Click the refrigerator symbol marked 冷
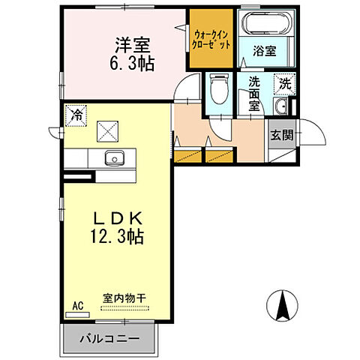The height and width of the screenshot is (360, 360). [x=76, y=115]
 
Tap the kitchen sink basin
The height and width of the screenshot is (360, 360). [x=115, y=158]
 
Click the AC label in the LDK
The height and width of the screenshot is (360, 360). [x=76, y=305]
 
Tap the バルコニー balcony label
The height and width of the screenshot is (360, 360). [x=110, y=339]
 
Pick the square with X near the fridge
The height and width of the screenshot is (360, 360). [x=109, y=131]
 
